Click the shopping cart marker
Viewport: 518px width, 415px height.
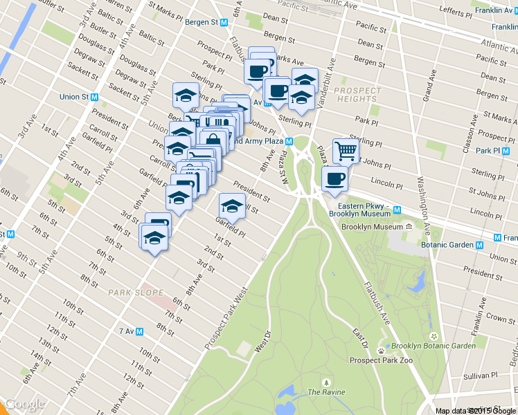pyautogui.click(x=346, y=149)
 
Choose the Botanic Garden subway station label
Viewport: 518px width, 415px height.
pyautogui.click(x=451, y=245)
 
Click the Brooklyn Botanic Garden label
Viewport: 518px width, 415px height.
pyautogui.click(x=433, y=346)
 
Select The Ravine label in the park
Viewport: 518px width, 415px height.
pyautogui.click(x=325, y=391)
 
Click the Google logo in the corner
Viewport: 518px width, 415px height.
pyautogui.click(x=25, y=405)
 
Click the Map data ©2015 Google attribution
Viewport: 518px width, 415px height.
pyautogui.click(x=476, y=411)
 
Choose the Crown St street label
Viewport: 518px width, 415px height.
pyautogui.click(x=501, y=317)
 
